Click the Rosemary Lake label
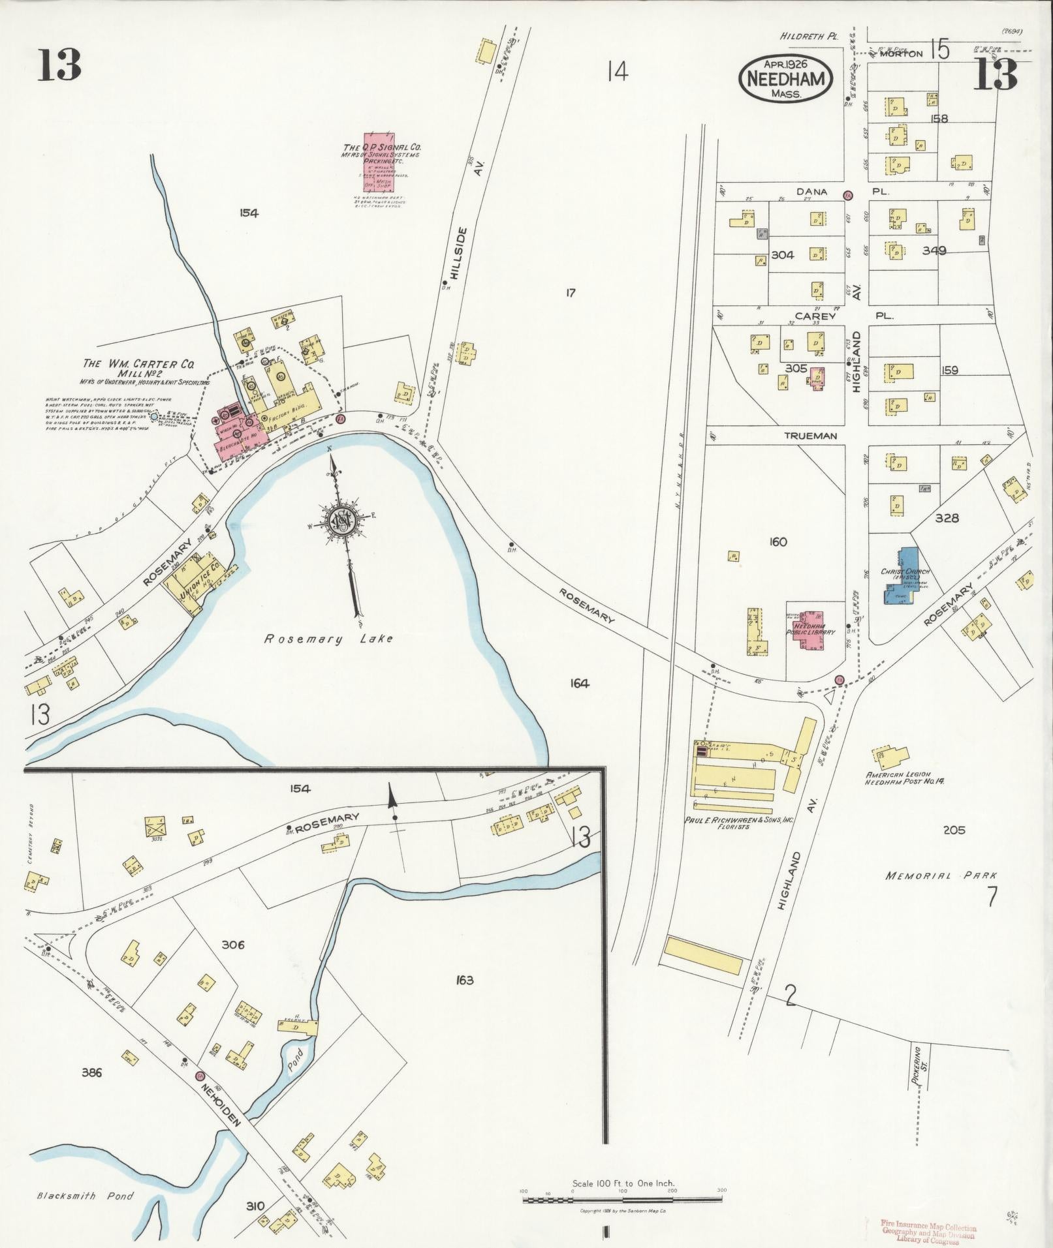click(x=328, y=639)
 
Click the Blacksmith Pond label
click(x=85, y=1196)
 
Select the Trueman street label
click(x=811, y=436)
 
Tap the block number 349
click(x=934, y=250)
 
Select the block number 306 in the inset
click(x=232, y=945)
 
